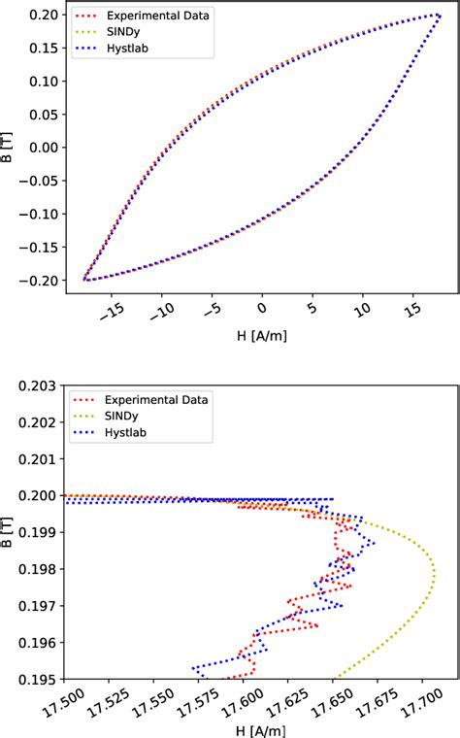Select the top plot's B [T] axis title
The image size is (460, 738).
pyautogui.click(x=11, y=148)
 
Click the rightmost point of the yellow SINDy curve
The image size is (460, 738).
pyautogui.click(x=434, y=574)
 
